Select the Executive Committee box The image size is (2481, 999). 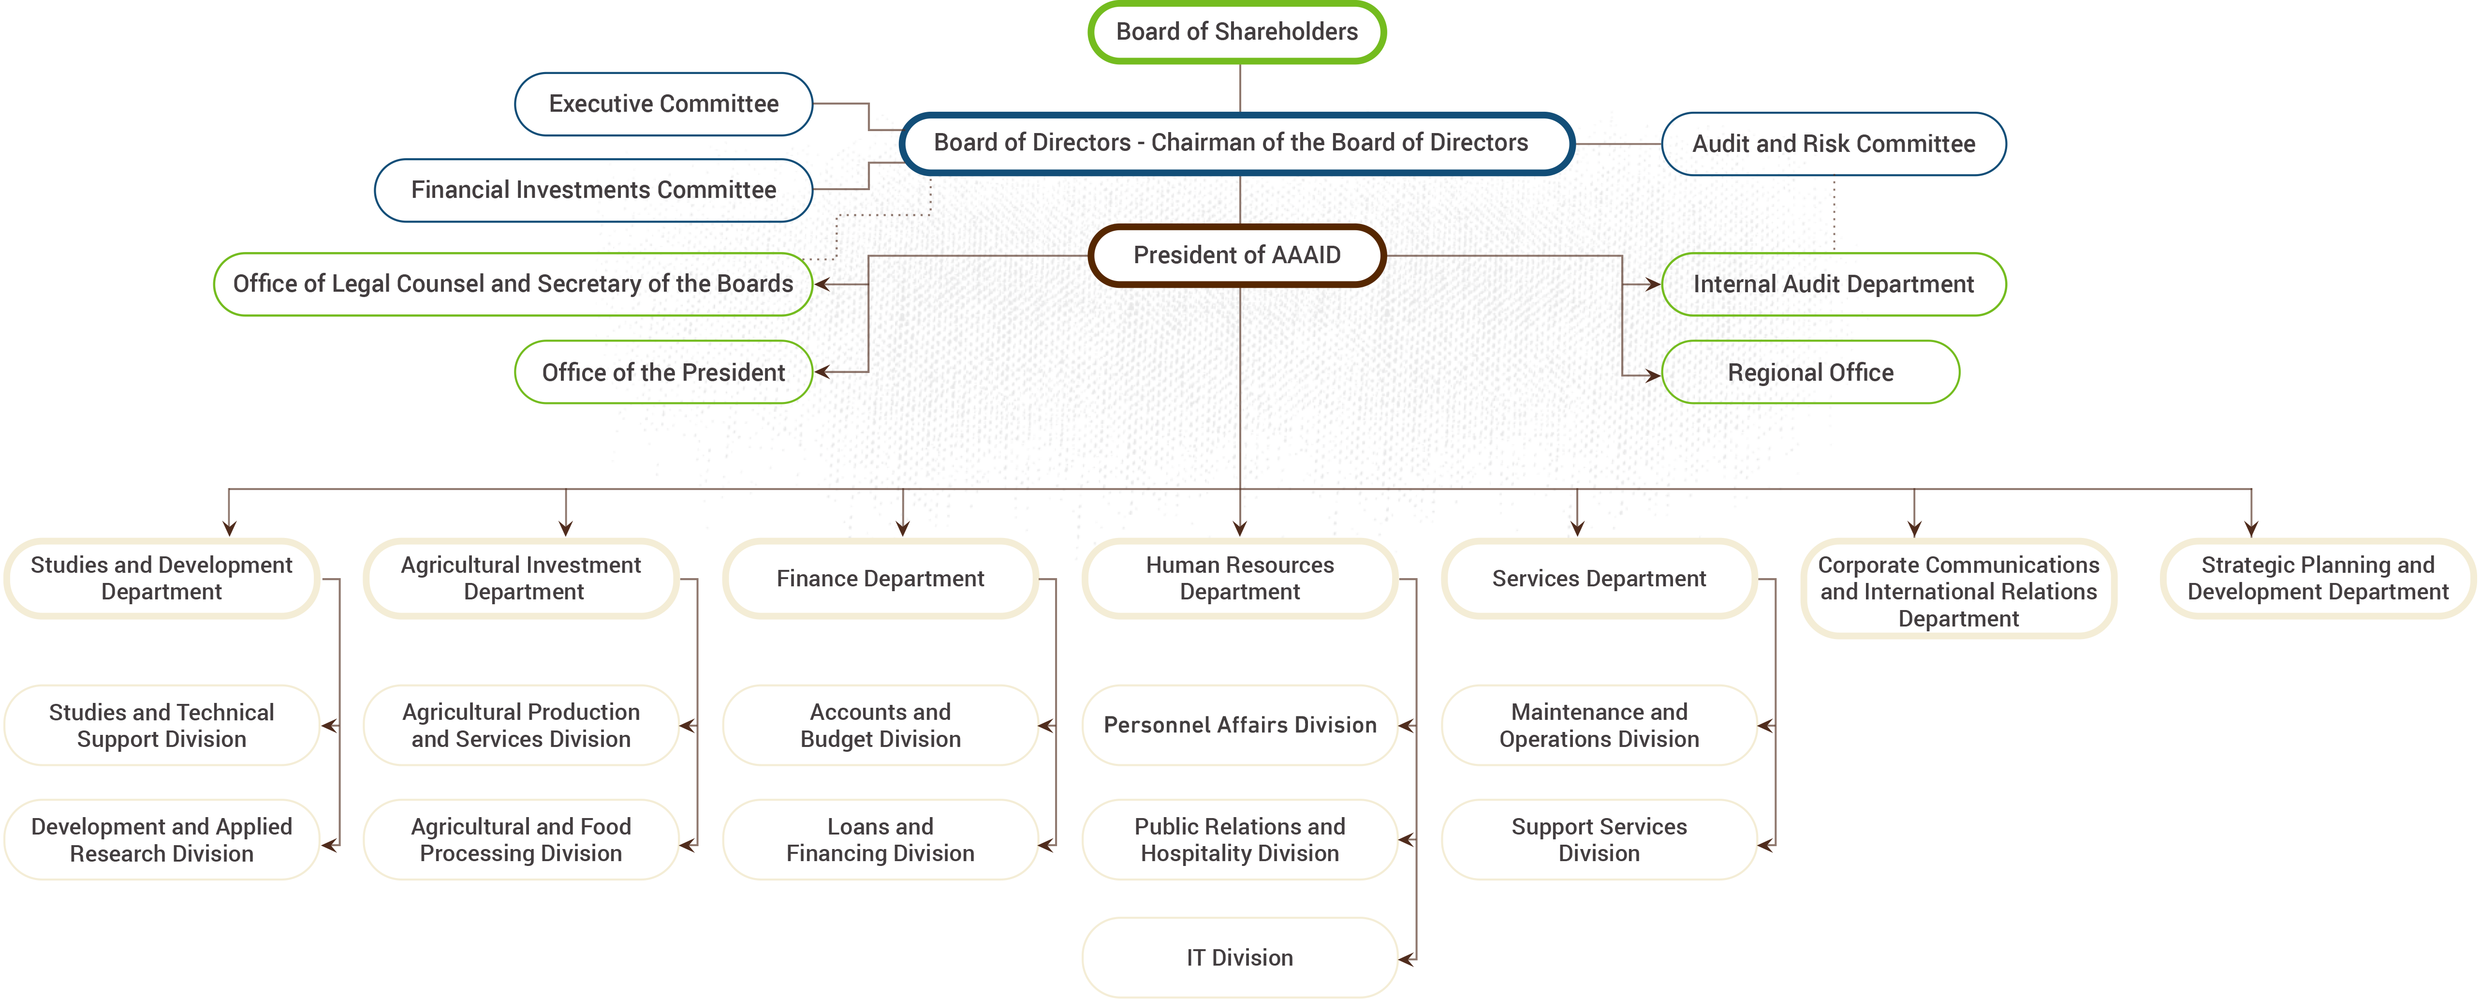click(x=663, y=104)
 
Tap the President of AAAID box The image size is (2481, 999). click(x=1237, y=255)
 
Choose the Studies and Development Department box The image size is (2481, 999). click(x=162, y=578)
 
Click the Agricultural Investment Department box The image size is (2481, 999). click(x=521, y=578)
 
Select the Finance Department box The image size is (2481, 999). click(x=881, y=578)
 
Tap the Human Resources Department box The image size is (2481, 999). click(x=1240, y=578)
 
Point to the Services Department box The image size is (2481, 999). click(x=1599, y=578)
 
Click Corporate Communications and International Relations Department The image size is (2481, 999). click(x=1958, y=590)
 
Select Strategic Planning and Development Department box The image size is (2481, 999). click(x=2317, y=578)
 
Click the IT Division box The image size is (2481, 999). click(x=1240, y=957)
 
